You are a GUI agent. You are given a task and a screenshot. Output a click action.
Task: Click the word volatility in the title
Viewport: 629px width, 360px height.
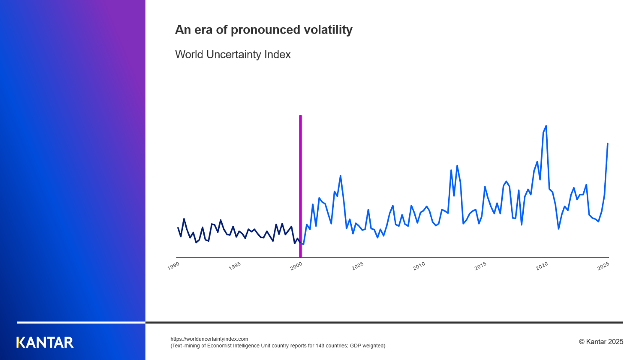(x=328, y=30)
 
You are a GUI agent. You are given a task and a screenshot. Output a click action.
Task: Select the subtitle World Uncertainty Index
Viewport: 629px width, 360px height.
(x=233, y=55)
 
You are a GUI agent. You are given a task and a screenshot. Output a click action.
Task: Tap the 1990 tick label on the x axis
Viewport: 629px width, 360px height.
(x=173, y=266)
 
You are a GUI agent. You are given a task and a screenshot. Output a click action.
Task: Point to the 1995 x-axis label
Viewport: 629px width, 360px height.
(x=235, y=266)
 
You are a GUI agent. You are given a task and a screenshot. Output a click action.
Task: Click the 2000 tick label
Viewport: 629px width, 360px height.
(x=296, y=266)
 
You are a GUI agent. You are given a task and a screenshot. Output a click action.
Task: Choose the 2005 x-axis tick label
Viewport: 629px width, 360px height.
(x=358, y=266)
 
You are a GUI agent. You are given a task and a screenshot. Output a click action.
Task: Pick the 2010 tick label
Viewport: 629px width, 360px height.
(x=419, y=266)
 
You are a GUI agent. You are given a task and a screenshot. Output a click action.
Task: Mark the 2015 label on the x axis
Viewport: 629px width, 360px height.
(x=481, y=266)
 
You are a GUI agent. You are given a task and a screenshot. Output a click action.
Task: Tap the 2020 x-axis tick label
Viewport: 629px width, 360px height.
(x=542, y=266)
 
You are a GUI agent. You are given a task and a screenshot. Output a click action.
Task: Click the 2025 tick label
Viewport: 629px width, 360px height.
(x=603, y=266)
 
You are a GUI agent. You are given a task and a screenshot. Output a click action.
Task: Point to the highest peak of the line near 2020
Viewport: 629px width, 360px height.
(x=546, y=126)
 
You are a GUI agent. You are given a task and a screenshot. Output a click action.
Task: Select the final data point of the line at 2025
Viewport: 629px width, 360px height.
(x=608, y=144)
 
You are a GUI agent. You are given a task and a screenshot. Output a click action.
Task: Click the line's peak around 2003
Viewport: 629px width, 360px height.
(x=340, y=176)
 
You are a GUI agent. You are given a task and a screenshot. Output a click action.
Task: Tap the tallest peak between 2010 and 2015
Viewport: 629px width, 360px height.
(x=457, y=166)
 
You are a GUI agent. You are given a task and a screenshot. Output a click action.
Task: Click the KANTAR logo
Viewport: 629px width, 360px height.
(x=45, y=342)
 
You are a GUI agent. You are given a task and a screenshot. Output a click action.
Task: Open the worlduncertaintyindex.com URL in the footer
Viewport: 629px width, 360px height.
(x=209, y=339)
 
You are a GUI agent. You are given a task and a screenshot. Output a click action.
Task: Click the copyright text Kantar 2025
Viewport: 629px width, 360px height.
(x=601, y=342)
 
